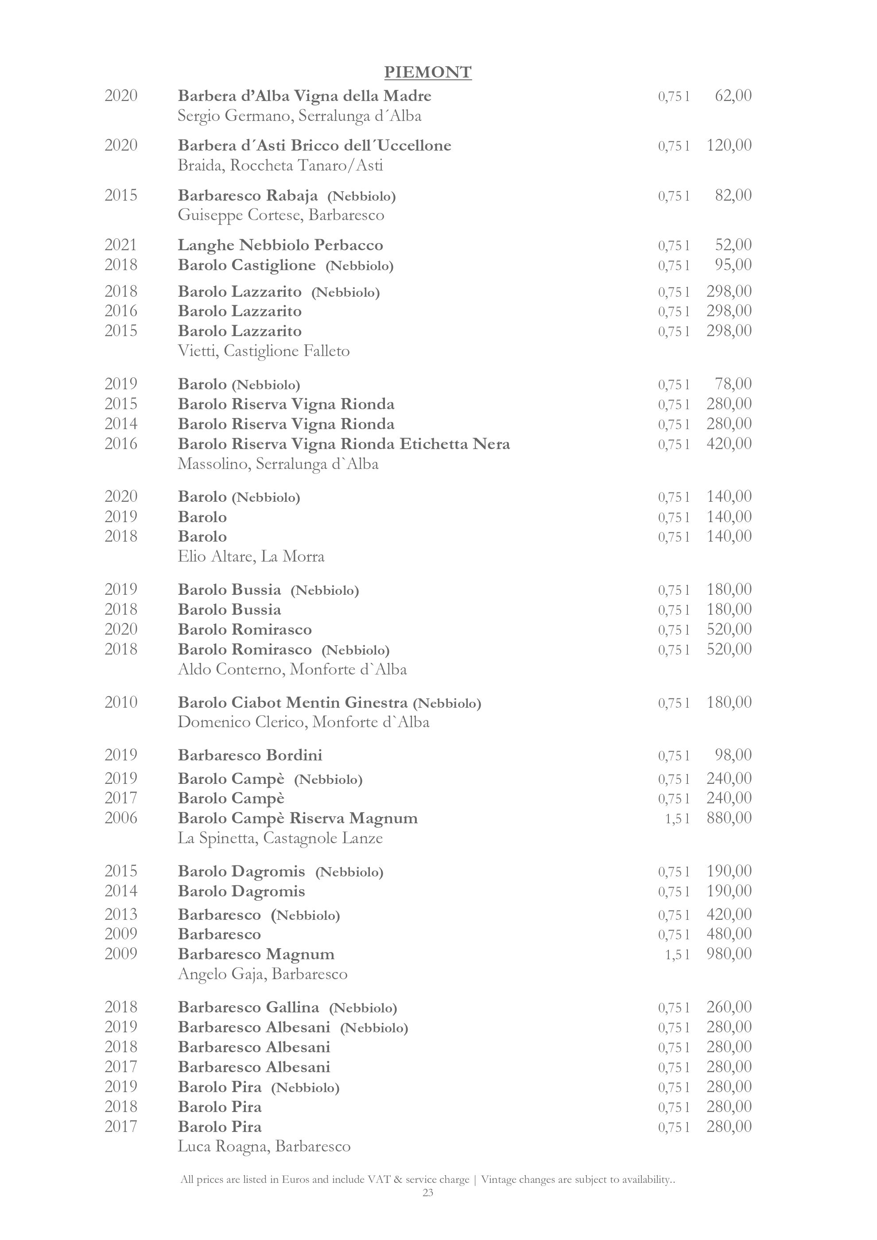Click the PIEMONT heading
click(428, 72)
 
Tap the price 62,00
click(733, 96)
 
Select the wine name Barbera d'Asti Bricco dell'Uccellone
click(314, 145)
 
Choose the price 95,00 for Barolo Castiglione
click(733, 265)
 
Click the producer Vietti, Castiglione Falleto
click(264, 351)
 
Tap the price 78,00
click(733, 384)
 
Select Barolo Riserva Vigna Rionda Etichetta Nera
click(343, 444)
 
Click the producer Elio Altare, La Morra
click(251, 556)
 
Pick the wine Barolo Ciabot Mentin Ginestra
click(292, 703)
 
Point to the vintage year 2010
click(121, 702)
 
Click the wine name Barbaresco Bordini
click(250, 755)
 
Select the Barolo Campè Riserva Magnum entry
click(298, 818)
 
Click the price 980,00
click(729, 954)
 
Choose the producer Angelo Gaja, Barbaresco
click(263, 974)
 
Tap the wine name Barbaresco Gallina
click(248, 1007)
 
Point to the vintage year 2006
click(121, 818)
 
